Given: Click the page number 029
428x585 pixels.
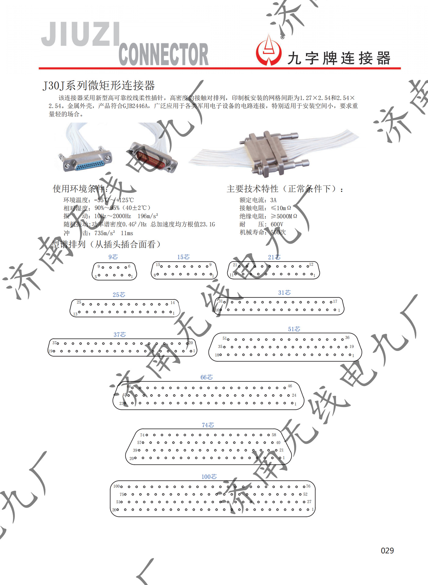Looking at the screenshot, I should (x=387, y=551).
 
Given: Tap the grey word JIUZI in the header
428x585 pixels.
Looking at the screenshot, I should (x=80, y=34).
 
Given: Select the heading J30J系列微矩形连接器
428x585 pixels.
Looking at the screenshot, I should (x=99, y=86).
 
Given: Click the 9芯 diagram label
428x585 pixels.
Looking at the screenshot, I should (x=113, y=257).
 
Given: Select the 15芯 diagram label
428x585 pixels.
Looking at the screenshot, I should (x=183, y=257).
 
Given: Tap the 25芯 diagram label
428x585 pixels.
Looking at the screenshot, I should (x=119, y=295).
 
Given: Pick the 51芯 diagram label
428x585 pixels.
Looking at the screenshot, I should (x=294, y=329).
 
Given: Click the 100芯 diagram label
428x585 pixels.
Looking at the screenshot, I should (x=209, y=477).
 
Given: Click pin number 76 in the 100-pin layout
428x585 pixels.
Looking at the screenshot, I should (x=308, y=486).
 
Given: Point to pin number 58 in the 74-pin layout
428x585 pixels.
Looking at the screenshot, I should (x=274, y=435).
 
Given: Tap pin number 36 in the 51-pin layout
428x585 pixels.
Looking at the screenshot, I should (x=347, y=338).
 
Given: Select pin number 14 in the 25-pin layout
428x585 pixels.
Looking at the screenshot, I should (x=173, y=303).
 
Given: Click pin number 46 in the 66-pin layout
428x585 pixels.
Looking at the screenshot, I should (x=290, y=386).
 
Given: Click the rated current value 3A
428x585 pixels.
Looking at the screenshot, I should (x=273, y=200).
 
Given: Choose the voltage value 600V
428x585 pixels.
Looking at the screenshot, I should (x=277, y=224).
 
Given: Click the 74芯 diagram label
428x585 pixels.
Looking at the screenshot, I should (x=208, y=425).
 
